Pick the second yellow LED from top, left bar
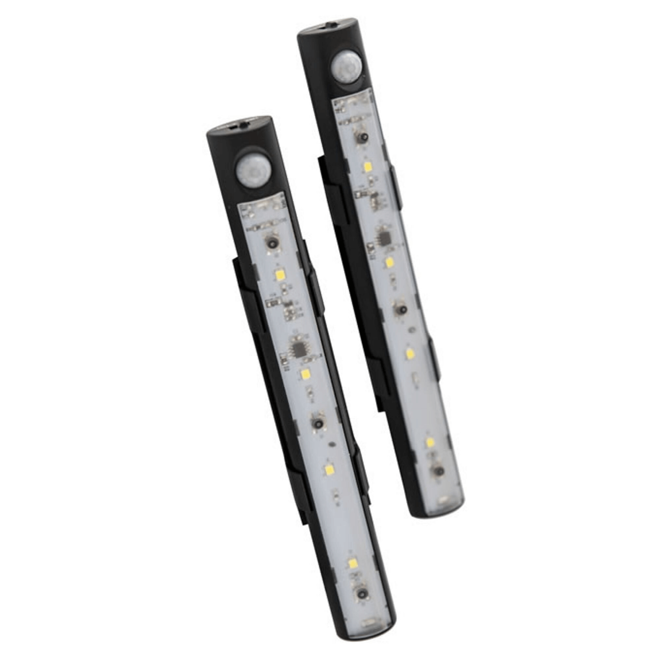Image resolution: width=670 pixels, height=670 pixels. point(305,374)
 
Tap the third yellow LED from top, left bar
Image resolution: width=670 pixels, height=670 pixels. point(328,469)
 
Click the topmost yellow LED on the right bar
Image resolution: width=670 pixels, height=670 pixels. point(366,167)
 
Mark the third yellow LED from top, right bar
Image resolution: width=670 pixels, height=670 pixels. point(411,354)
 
